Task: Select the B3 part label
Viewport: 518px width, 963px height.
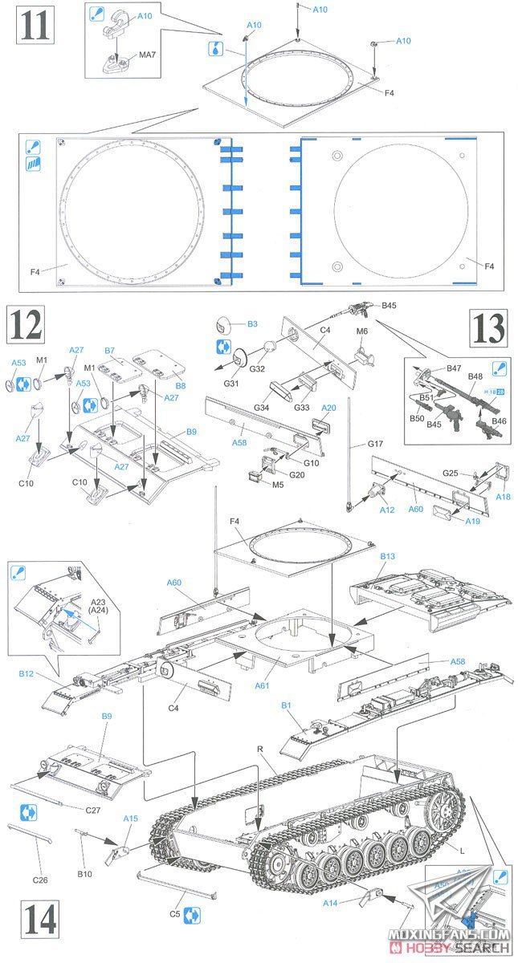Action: (x=251, y=324)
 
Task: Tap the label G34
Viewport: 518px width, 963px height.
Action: (x=261, y=408)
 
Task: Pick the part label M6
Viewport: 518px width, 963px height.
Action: (x=361, y=331)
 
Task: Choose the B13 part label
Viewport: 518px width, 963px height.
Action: (x=387, y=556)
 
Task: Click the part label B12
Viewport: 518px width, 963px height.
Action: (x=27, y=675)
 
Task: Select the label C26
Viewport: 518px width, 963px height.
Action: (x=42, y=858)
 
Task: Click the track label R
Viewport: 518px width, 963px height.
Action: (x=259, y=749)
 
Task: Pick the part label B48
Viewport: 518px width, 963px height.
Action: (x=474, y=376)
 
